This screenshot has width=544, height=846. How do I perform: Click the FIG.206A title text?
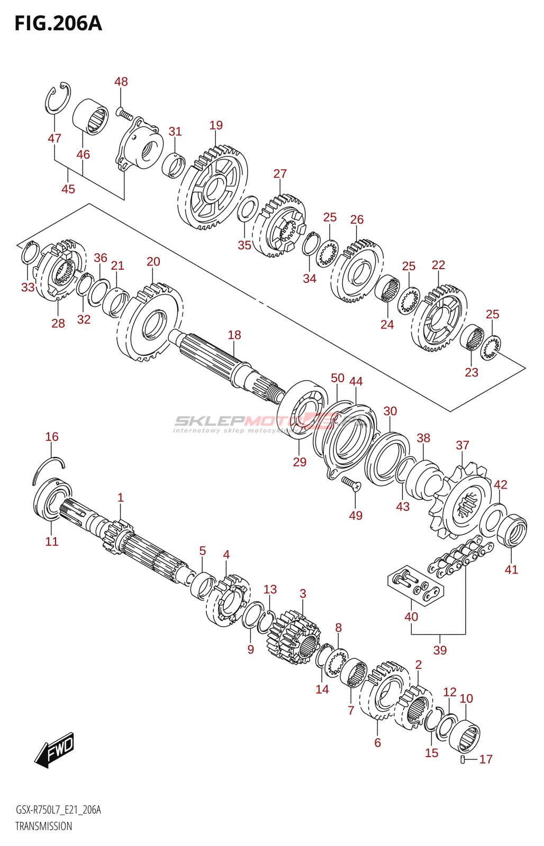58,24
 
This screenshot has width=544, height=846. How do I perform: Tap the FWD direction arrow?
55,750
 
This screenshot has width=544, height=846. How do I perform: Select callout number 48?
121,81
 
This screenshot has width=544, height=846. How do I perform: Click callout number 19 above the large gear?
216,125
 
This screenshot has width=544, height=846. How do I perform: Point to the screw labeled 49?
350,483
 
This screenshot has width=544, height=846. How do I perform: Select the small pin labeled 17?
463,760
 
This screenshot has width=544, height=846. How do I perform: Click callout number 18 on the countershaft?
234,335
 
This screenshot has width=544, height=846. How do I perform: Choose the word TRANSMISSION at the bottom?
43,826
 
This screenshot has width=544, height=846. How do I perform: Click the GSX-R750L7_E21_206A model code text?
58,810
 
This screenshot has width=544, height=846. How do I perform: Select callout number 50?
338,378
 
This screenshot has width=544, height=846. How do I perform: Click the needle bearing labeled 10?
465,734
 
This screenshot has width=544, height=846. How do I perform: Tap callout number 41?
511,569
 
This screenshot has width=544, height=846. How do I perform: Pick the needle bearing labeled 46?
90,116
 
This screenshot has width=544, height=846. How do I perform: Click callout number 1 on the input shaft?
121,498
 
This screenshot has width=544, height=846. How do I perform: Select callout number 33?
28,287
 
